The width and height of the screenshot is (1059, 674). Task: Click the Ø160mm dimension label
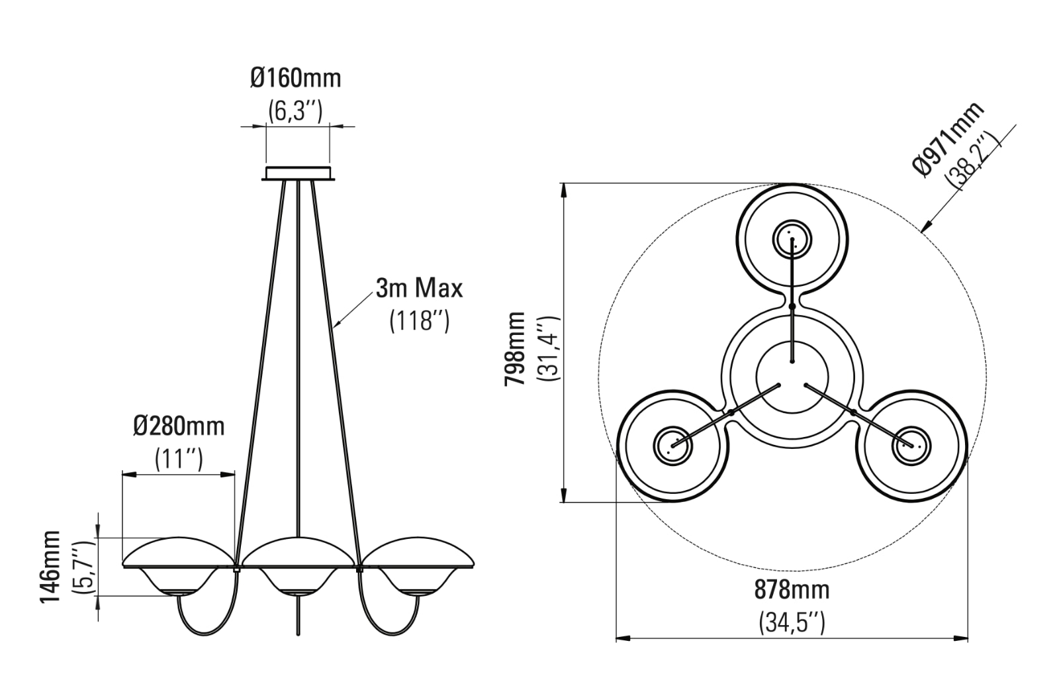(296, 78)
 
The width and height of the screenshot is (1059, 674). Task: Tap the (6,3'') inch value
(295, 111)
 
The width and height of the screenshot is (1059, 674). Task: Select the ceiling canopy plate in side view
(298, 173)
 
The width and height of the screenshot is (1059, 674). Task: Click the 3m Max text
(419, 289)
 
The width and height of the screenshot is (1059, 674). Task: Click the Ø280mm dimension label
(179, 426)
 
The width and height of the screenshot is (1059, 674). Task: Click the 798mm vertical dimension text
(514, 348)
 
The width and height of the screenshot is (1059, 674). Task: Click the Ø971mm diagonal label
(946, 140)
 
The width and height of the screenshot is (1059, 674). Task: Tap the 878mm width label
(792, 589)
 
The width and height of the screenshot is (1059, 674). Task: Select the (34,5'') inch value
(792, 622)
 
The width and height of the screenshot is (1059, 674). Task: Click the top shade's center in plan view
(792, 238)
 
